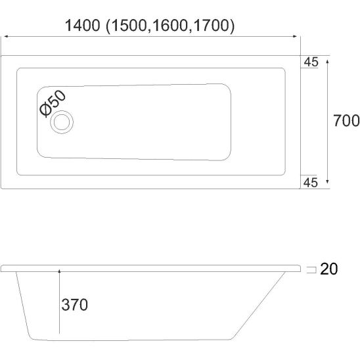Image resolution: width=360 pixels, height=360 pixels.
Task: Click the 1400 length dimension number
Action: click(83, 25)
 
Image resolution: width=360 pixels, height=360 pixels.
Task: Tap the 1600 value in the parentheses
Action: click(169, 25)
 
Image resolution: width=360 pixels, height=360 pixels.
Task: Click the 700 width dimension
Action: click(346, 120)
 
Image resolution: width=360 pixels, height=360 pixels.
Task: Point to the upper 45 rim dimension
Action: click(311, 62)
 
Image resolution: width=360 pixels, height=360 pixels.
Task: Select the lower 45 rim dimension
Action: click(311, 183)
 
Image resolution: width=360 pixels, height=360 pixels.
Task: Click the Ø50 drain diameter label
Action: click(53, 103)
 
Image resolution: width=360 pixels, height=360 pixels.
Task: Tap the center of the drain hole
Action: click(62, 122)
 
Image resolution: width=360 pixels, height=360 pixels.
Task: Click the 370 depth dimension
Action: click(75, 305)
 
